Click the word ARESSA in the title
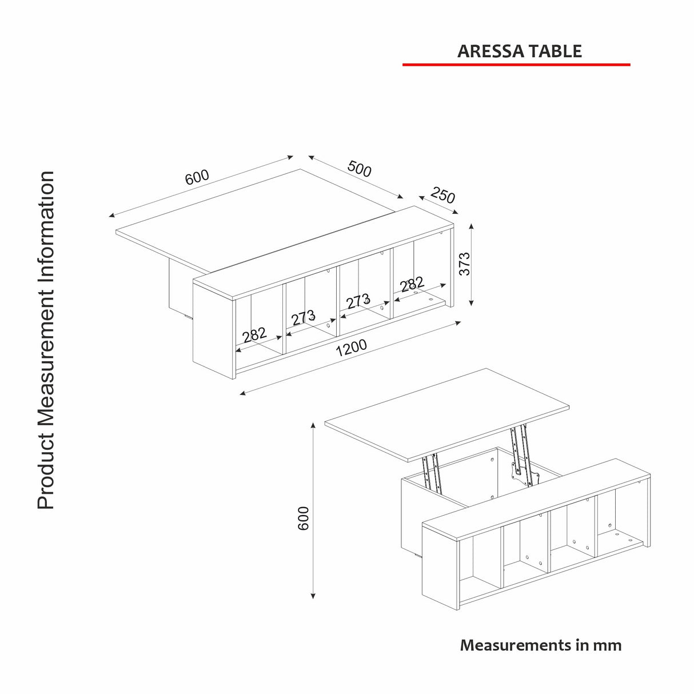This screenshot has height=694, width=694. point(490,51)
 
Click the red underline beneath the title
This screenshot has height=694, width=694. point(516,65)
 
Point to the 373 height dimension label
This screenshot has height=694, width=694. point(465,264)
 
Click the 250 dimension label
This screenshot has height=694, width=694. point(442,195)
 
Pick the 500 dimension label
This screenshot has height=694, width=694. point(359,169)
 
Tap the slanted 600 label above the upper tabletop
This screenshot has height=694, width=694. point(197,177)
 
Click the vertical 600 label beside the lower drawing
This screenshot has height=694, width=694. point(303,518)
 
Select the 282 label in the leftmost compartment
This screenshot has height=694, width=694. point(254,334)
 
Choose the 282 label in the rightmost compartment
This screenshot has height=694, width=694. point(412,284)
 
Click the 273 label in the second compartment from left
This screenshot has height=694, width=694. point(303,317)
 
